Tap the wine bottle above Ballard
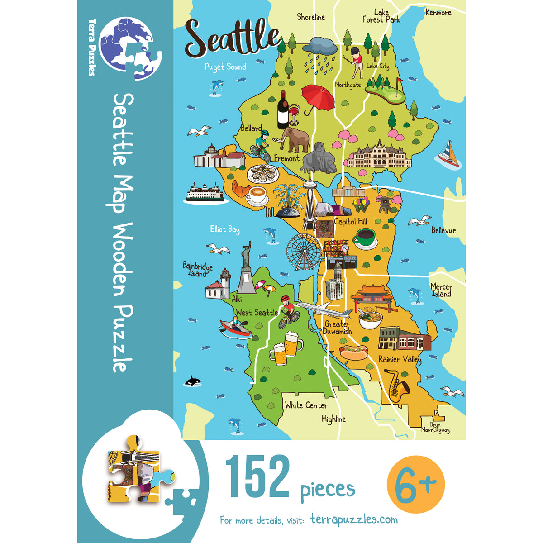pyautogui.click(x=283, y=110)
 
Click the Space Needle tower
pyautogui.click(x=310, y=204)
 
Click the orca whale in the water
pyautogui.click(x=193, y=381)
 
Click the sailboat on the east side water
pyautogui.click(x=448, y=154)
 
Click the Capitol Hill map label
pyautogui.click(x=350, y=222)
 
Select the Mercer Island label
pyautogui.click(x=441, y=290)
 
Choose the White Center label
pyautogui.click(x=306, y=405)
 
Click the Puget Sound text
pyautogui.click(x=225, y=67)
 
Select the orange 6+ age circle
pyautogui.click(x=416, y=484)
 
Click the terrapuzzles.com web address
pyautogui.click(x=354, y=519)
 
